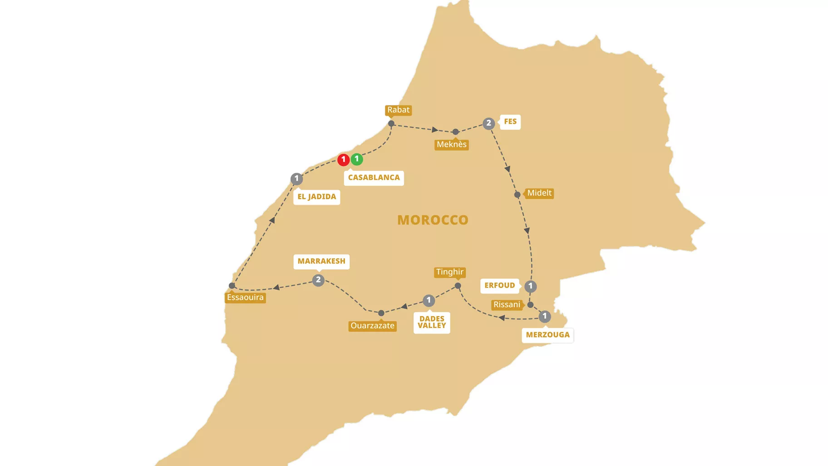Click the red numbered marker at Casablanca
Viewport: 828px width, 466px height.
pyautogui.click(x=343, y=160)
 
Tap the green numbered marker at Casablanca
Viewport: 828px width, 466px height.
pyautogui.click(x=357, y=159)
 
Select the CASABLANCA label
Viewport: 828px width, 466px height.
pyautogui.click(x=374, y=178)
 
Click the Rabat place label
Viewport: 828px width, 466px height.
pyautogui.click(x=398, y=110)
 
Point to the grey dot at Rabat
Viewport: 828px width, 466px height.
pyautogui.click(x=391, y=124)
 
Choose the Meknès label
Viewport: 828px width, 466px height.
pyautogui.click(x=451, y=144)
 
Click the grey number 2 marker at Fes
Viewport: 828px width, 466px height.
pyautogui.click(x=488, y=123)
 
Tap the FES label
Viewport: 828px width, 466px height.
pyautogui.click(x=510, y=122)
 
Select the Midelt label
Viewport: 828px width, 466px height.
pyautogui.click(x=539, y=193)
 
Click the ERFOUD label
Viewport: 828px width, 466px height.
pyautogui.click(x=499, y=286)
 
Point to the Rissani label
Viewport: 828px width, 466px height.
pyautogui.click(x=507, y=305)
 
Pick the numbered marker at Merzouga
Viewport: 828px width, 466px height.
pyautogui.click(x=545, y=317)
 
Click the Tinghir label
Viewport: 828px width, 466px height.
pyautogui.click(x=450, y=272)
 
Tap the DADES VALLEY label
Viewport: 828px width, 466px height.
pyautogui.click(x=432, y=322)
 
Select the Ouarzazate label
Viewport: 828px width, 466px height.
pyautogui.click(x=372, y=326)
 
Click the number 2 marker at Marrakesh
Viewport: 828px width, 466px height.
pyautogui.click(x=318, y=280)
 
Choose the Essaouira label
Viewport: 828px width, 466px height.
pyautogui.click(x=245, y=297)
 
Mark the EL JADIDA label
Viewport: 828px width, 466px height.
pyautogui.click(x=316, y=197)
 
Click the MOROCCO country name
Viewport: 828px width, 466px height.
pyautogui.click(x=433, y=220)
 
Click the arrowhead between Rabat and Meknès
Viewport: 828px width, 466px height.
pyautogui.click(x=435, y=130)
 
